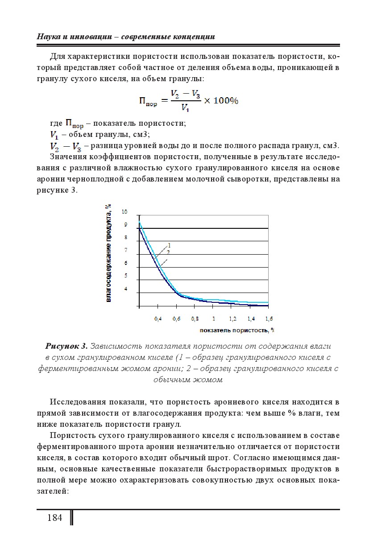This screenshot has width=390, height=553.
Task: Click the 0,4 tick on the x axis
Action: coord(158,319)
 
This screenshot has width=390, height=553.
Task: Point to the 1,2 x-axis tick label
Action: coord(232,319)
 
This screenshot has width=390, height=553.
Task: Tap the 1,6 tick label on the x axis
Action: coord(269,319)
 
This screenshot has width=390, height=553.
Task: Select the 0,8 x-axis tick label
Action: coord(195,319)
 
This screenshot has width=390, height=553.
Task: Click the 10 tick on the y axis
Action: coord(124,212)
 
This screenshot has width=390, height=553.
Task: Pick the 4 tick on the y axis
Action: coord(125,289)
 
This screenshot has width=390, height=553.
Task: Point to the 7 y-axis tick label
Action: coord(125,250)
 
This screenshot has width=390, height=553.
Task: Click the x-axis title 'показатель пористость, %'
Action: coord(236,330)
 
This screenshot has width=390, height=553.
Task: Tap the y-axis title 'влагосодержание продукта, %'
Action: coord(108,253)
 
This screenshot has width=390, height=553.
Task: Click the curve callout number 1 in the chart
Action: coord(170,245)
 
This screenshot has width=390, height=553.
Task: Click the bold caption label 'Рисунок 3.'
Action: coord(66,347)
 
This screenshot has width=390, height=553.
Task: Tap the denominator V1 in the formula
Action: coord(184,107)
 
